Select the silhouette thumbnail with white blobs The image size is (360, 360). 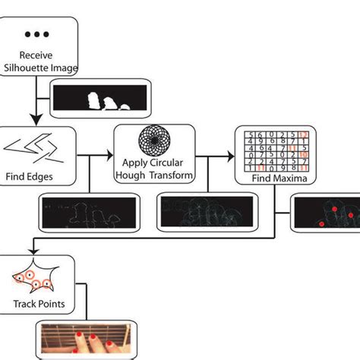(x=95, y=100)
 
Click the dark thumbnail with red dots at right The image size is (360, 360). (x=327, y=213)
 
